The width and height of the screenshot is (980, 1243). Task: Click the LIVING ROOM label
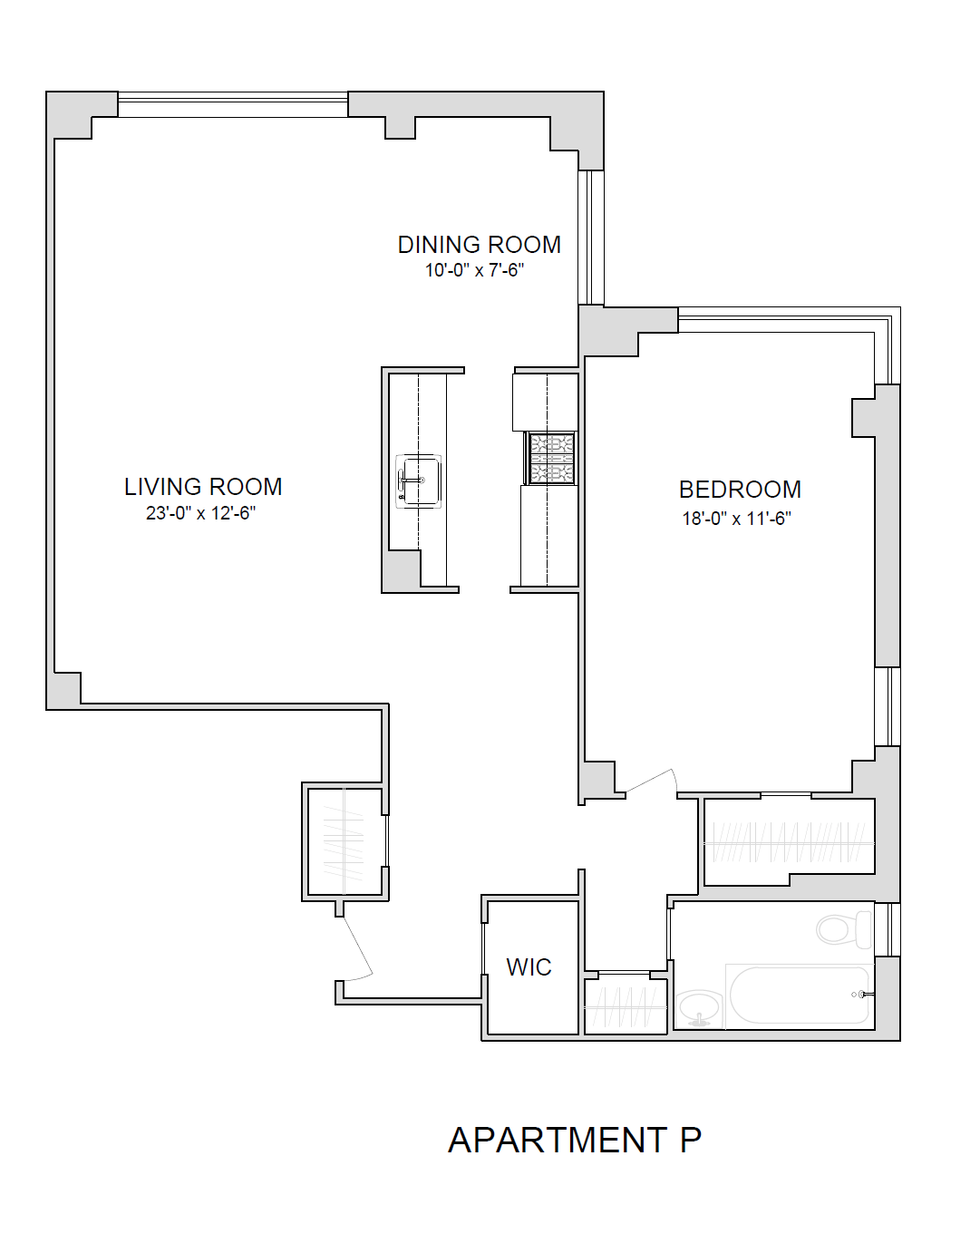tap(203, 487)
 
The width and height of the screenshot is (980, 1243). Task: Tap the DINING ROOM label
tap(479, 245)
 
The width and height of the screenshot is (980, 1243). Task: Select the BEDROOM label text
tap(740, 490)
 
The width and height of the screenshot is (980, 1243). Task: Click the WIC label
tap(529, 967)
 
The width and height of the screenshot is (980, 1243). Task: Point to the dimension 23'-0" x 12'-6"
tap(200, 513)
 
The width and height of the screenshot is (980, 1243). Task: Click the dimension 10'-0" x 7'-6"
tap(474, 270)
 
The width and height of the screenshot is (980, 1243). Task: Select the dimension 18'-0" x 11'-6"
tap(736, 519)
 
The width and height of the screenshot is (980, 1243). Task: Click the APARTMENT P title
tap(575, 1141)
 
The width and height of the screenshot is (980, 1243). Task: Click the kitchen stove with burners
tap(551, 459)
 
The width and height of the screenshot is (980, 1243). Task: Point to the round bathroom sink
tap(698, 1006)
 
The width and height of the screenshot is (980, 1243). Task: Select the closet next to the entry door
tap(344, 842)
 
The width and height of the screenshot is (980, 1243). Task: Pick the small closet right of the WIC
tap(626, 1005)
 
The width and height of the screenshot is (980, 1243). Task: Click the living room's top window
tap(233, 104)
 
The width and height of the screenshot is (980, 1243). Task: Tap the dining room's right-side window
tap(591, 238)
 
